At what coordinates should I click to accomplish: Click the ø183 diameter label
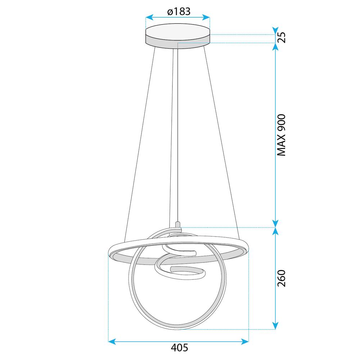point(177,11)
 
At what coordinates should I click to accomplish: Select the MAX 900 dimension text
point(281,135)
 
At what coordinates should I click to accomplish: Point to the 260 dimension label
point(281,278)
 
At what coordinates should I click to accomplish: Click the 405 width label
point(179,348)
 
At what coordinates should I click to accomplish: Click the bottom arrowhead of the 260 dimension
point(275,326)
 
